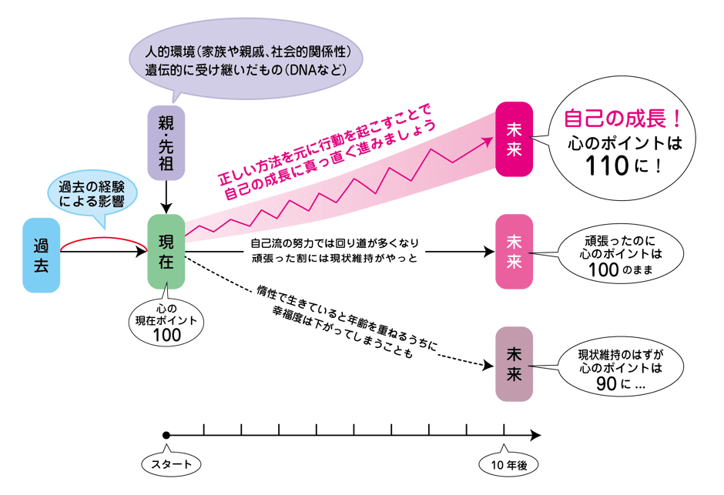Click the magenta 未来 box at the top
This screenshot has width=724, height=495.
[x=514, y=140]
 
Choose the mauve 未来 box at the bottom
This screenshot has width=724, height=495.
[x=514, y=364]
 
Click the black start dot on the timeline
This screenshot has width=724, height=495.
[x=166, y=436]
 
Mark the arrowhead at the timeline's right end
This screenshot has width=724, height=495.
[x=536, y=436]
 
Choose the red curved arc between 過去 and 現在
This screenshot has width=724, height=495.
[x=104, y=241]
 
